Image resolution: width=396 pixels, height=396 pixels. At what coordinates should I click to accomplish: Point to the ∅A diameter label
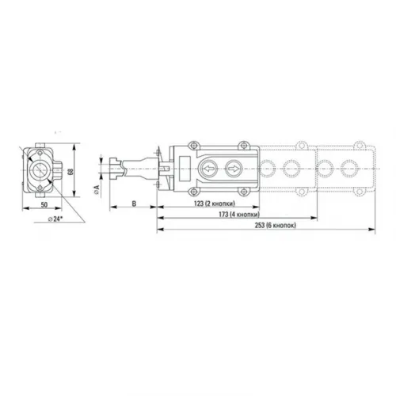point(95,188)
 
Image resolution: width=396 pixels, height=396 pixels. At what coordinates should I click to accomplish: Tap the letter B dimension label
point(134,204)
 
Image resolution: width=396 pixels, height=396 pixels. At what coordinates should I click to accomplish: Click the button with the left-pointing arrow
point(208,169)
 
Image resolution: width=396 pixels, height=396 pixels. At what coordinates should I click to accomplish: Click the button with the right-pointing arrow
point(234,169)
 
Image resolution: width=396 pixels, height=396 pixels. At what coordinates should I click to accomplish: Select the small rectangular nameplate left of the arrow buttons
point(184,169)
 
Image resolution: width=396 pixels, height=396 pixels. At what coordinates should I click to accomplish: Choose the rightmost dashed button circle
point(349,169)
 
